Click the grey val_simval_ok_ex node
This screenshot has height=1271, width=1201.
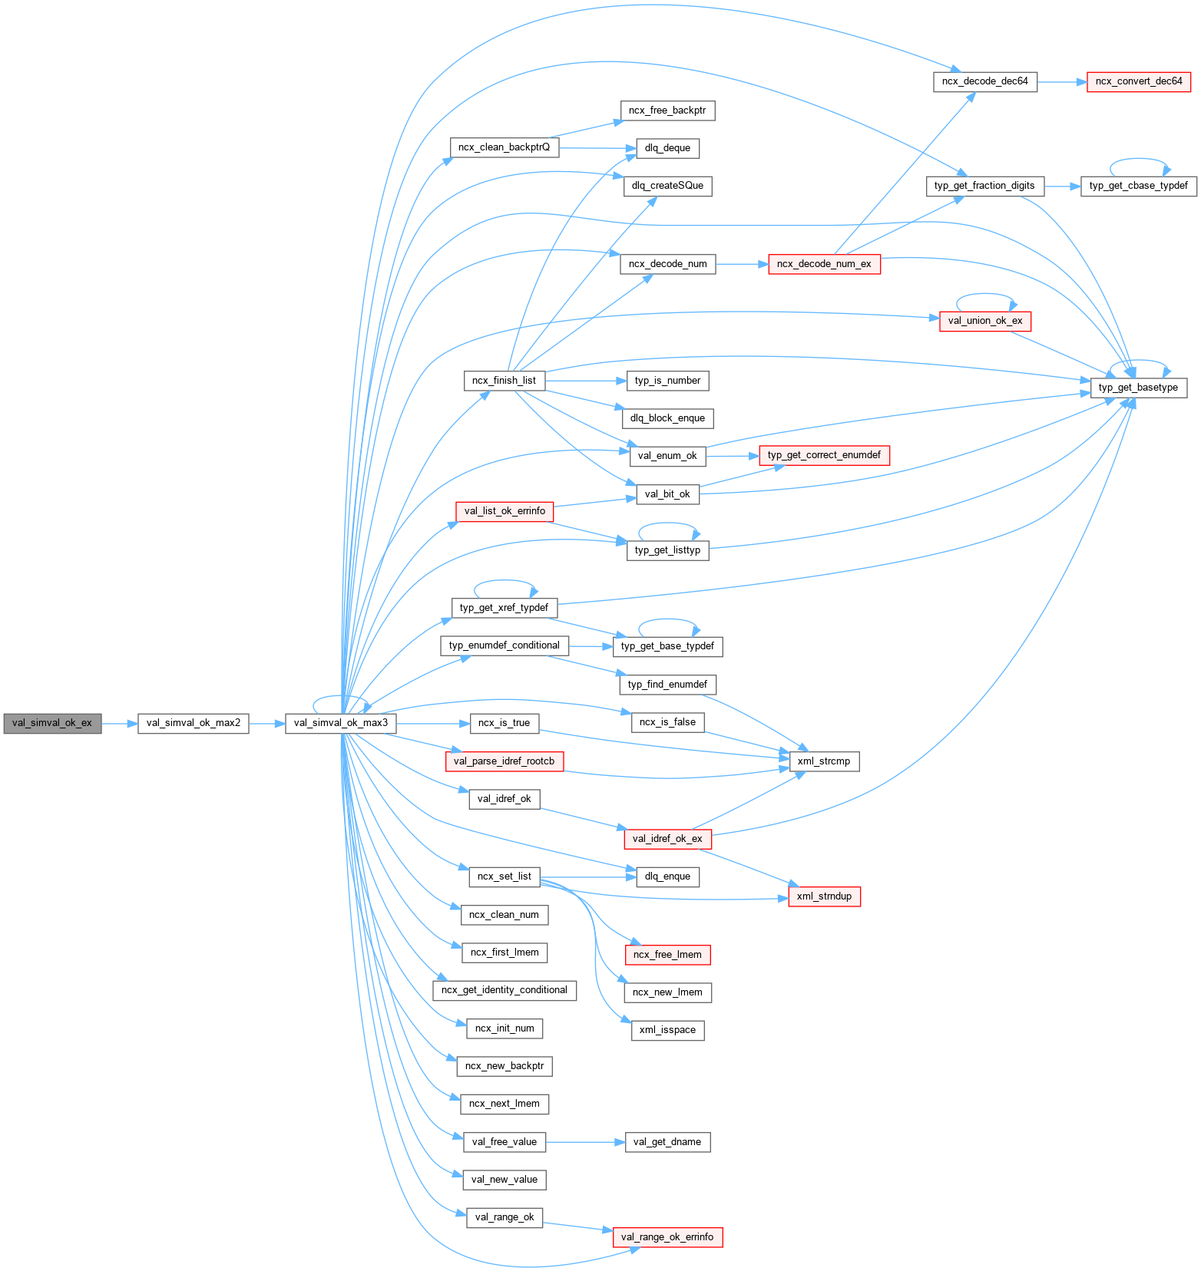coord(52,723)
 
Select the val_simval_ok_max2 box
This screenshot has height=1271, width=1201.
coord(194,723)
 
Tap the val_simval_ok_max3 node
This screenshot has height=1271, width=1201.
coord(341,723)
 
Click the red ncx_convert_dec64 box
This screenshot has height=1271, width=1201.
coord(1139,81)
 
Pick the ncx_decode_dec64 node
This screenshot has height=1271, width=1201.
coord(985,81)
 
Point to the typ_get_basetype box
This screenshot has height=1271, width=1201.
coord(1138,388)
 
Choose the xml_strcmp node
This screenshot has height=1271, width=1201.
coord(824,761)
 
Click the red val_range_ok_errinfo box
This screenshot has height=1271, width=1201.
coord(667,1236)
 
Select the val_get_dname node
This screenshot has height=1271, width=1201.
coord(667,1142)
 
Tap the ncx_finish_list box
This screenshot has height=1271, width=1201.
coord(504,381)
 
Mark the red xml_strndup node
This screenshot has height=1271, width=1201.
coord(824,896)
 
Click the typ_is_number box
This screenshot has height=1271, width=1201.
coord(667,381)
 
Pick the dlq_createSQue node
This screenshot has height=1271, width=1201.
coord(667,186)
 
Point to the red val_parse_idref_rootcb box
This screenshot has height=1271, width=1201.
coord(504,761)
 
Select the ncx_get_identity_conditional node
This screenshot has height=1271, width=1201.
coord(504,990)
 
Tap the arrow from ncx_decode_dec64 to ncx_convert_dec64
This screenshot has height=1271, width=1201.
coord(1062,81)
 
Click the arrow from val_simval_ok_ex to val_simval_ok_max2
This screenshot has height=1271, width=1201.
coord(119,723)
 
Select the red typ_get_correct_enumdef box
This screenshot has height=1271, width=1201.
coord(824,455)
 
